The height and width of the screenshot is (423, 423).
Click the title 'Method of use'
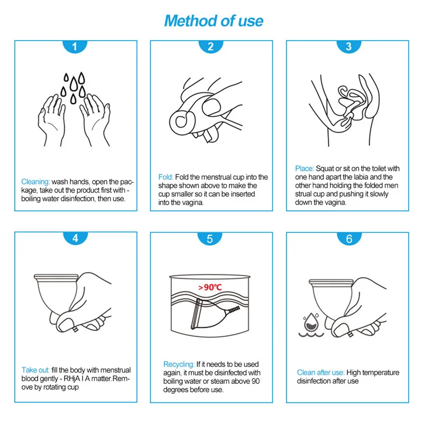(214, 21)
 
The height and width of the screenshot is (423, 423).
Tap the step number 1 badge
(75, 47)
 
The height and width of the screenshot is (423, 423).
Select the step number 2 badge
(210, 47)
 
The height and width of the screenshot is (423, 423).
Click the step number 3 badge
(349, 47)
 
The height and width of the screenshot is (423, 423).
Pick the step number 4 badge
(75, 238)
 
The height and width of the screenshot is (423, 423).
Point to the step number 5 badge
(210, 238)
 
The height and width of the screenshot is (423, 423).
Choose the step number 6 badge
(349, 238)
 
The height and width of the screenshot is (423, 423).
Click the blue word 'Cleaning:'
(35, 182)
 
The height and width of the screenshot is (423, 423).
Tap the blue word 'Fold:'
(165, 177)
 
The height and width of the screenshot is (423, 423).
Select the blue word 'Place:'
(305, 169)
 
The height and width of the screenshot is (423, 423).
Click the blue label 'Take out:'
(35, 370)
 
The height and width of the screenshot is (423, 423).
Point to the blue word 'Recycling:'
(179, 364)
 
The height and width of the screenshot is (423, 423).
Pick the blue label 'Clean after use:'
(320, 373)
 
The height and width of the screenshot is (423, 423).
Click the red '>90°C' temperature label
(210, 287)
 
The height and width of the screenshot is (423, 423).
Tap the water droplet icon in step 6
(311, 321)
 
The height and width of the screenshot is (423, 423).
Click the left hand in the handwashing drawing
(52, 120)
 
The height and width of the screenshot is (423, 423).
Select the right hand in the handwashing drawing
(95, 120)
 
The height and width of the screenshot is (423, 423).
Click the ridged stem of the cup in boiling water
(233, 310)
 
